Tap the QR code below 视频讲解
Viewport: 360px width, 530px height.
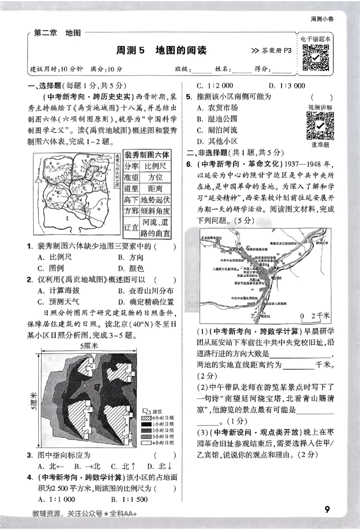coord(320,126)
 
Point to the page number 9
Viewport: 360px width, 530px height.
coord(327,510)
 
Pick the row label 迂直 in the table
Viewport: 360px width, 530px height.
coord(131,228)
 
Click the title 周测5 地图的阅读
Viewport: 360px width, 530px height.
coord(161,50)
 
